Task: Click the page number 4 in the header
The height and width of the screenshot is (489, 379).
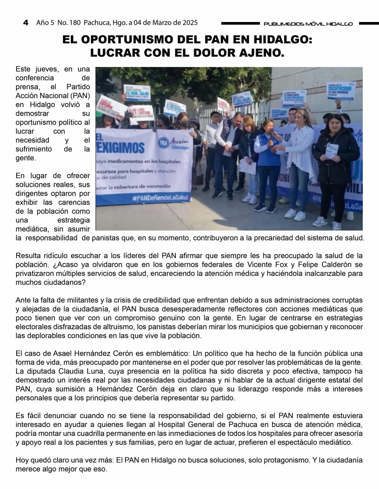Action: [26, 23]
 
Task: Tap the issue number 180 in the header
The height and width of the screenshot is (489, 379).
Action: [75, 23]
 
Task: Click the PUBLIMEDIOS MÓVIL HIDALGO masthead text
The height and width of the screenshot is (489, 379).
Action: [308, 24]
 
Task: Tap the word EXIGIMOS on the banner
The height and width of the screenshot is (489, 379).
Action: [120, 147]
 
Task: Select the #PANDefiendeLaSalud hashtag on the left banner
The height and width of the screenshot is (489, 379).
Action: [160, 198]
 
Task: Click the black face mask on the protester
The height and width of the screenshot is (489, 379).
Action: [185, 123]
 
